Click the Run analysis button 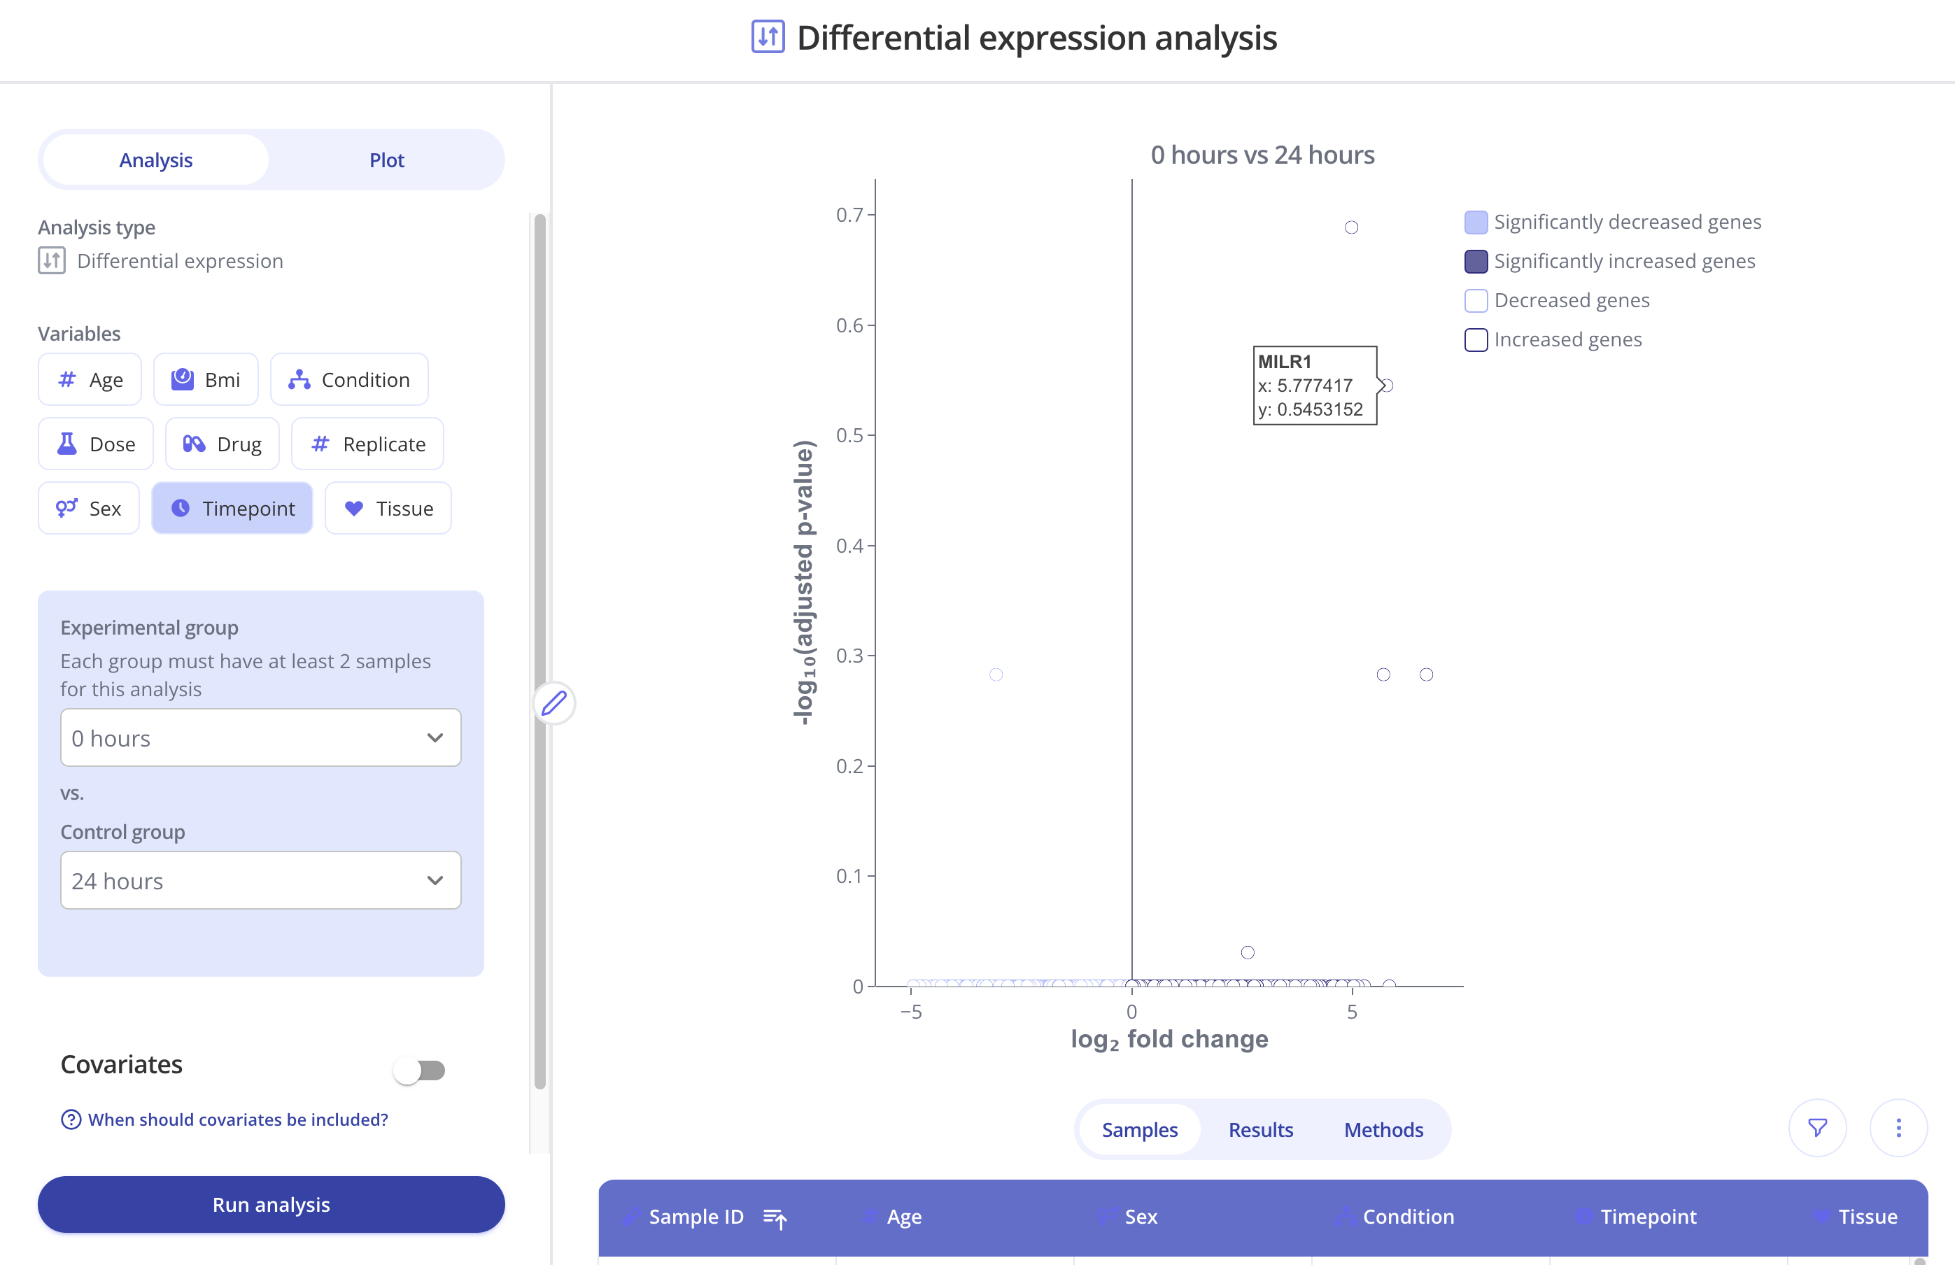pos(271,1204)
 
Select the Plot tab pos(386,160)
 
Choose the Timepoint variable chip pos(232,509)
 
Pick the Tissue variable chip pos(388,509)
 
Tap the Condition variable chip pos(349,379)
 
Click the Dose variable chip pos(96,444)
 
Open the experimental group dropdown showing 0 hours pos(260,737)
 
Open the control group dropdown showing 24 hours pos(260,881)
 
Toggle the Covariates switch pos(420,1070)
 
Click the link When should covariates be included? pos(237,1119)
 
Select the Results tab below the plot pos(1260,1129)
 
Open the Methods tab pos(1383,1129)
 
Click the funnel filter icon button pos(1818,1128)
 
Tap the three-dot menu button pos(1898,1128)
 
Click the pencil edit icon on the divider pos(554,703)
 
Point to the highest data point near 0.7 pos(1351,227)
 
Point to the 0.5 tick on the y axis pos(850,435)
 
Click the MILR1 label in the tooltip pos(1285,362)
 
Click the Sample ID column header pos(696,1217)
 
